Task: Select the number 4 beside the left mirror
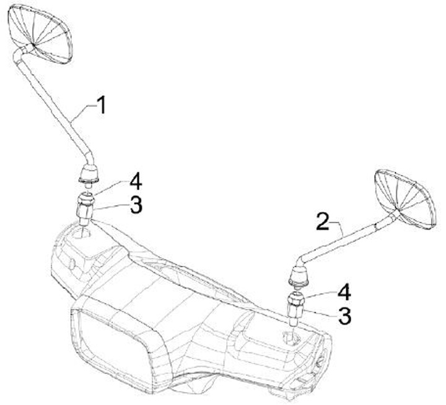point(136,182)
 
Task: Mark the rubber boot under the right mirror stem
point(300,276)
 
